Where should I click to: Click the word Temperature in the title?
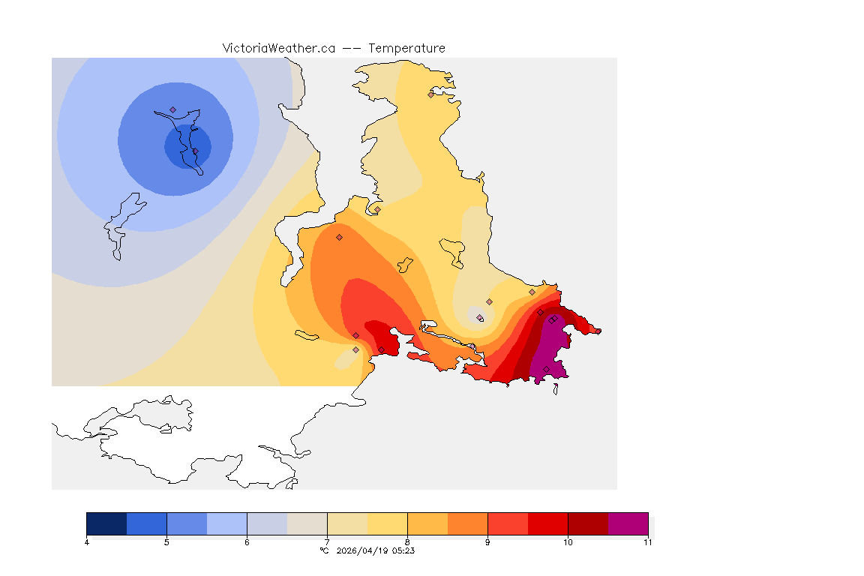tap(406, 48)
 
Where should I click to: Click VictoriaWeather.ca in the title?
tap(278, 48)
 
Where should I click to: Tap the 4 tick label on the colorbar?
tap(87, 542)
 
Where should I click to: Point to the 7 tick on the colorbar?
tap(327, 542)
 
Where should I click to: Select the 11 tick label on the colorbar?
tap(647, 542)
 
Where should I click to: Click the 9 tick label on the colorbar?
tap(487, 542)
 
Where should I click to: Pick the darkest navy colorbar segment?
tap(106, 523)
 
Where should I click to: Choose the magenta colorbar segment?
tap(628, 523)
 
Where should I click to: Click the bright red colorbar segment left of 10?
tap(547, 523)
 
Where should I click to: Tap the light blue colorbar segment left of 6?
tap(226, 523)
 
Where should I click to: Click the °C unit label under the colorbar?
tap(324, 550)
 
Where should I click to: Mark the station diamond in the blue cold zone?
tap(172, 109)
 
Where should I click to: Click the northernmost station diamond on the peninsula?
tap(430, 94)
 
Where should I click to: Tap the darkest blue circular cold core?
tap(187, 146)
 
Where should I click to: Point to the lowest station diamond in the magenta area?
tap(546, 369)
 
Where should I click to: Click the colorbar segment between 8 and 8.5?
tap(427, 523)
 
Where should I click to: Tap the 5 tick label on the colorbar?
tap(166, 542)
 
